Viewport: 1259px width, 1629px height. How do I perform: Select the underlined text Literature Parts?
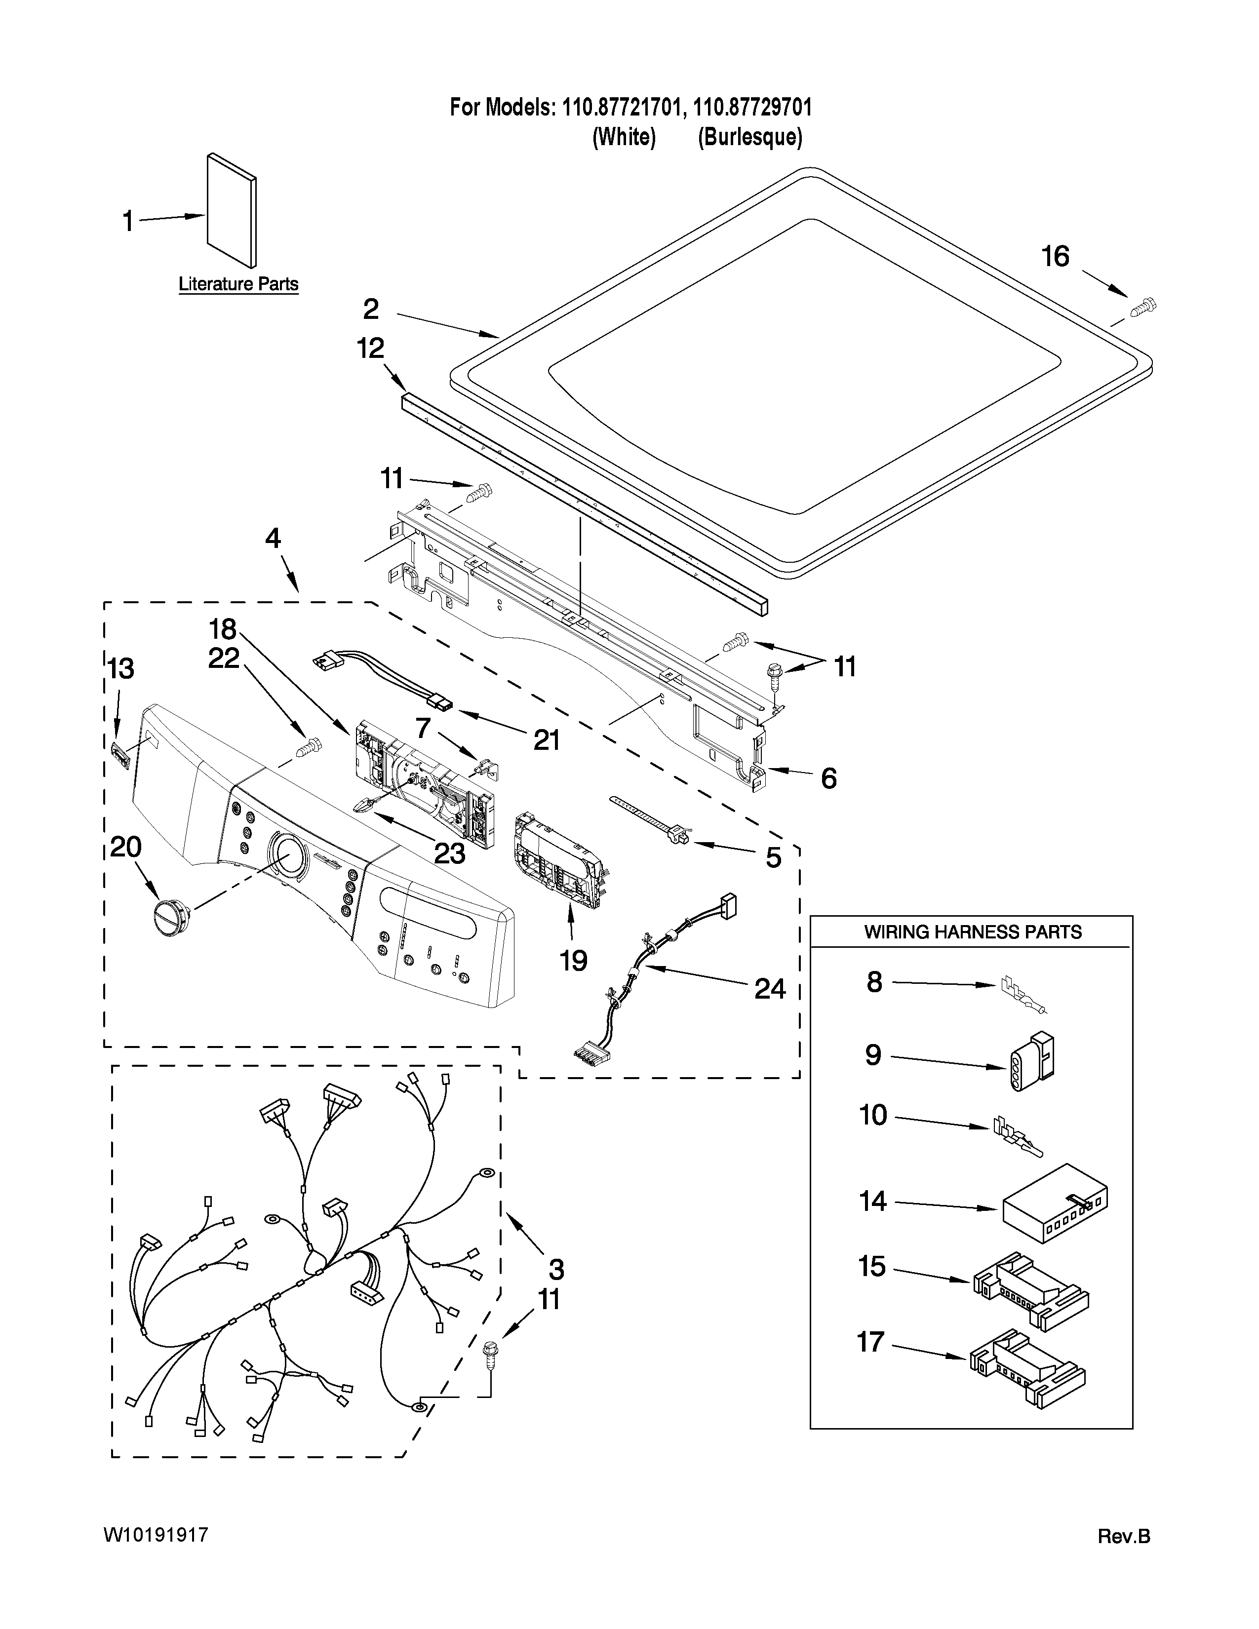pos(238,284)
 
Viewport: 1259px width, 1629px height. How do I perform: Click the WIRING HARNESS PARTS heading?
pos(973,931)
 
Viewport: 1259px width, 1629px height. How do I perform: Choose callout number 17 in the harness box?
pos(870,1342)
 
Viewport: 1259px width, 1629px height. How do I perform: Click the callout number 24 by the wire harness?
pos(770,989)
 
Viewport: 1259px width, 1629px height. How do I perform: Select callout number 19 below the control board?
pos(574,961)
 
